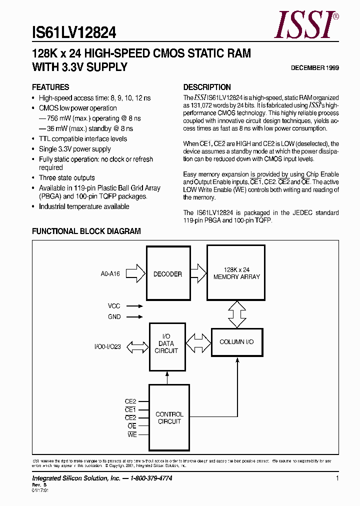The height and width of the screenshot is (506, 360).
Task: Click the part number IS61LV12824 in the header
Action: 74,33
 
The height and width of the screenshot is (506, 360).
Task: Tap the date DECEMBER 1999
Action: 315,68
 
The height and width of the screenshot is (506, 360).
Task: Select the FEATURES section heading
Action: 50,87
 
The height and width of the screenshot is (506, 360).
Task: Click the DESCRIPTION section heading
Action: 207,87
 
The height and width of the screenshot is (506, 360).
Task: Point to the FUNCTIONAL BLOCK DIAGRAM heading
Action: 86,231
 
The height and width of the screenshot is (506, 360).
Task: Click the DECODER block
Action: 167,274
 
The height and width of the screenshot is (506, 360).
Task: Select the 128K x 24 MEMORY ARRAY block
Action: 236,273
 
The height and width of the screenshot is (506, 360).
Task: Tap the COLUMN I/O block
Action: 236,342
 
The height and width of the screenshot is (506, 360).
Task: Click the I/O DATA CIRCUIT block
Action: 166,343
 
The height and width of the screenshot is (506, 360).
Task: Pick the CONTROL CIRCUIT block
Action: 169,417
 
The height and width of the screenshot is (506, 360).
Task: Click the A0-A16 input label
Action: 110,274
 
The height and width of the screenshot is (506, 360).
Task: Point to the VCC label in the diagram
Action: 114,306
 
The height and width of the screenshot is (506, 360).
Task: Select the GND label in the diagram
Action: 114,316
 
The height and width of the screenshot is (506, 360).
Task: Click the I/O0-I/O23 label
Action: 107,346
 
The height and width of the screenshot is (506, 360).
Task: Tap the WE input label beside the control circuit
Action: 132,435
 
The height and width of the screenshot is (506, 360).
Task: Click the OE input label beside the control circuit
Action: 132,426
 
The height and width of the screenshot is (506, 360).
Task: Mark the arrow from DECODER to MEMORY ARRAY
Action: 198,273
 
